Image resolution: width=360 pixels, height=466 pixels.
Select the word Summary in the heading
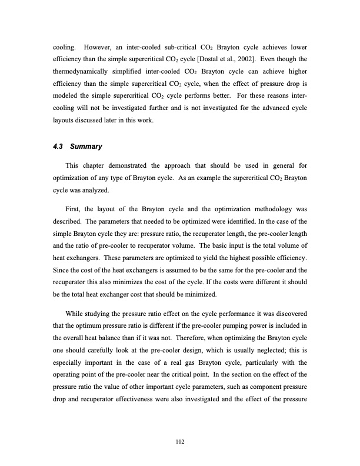[87, 145]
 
